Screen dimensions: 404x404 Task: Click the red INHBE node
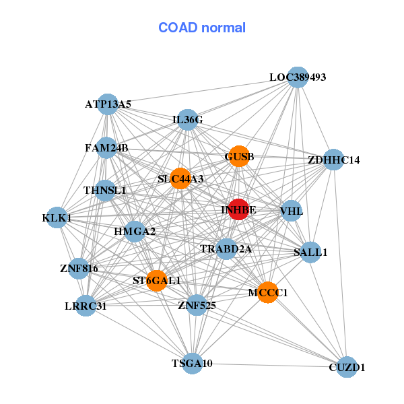click(x=238, y=209)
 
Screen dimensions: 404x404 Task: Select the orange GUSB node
click(x=239, y=157)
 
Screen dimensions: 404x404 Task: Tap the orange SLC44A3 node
click(x=180, y=178)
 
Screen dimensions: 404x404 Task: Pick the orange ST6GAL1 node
click(x=156, y=280)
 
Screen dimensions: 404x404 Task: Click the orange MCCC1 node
click(x=267, y=292)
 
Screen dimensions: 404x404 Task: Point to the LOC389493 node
click(x=298, y=77)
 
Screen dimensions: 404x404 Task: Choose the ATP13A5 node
click(x=108, y=104)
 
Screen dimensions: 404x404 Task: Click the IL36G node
click(x=188, y=120)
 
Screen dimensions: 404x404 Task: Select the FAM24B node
click(x=106, y=147)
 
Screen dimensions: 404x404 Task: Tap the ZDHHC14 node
click(x=334, y=160)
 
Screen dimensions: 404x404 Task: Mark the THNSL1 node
click(x=105, y=191)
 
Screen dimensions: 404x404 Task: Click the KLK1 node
click(x=57, y=218)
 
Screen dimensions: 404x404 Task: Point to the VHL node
click(x=291, y=211)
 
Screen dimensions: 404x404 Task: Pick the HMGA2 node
click(x=135, y=232)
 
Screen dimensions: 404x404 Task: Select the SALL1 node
click(x=310, y=252)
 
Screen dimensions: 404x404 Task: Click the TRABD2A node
click(x=226, y=249)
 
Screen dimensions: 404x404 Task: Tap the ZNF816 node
click(x=79, y=269)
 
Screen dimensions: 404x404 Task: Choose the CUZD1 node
click(x=346, y=367)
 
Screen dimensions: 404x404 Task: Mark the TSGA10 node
click(x=193, y=364)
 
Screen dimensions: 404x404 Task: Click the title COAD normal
click(x=202, y=28)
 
